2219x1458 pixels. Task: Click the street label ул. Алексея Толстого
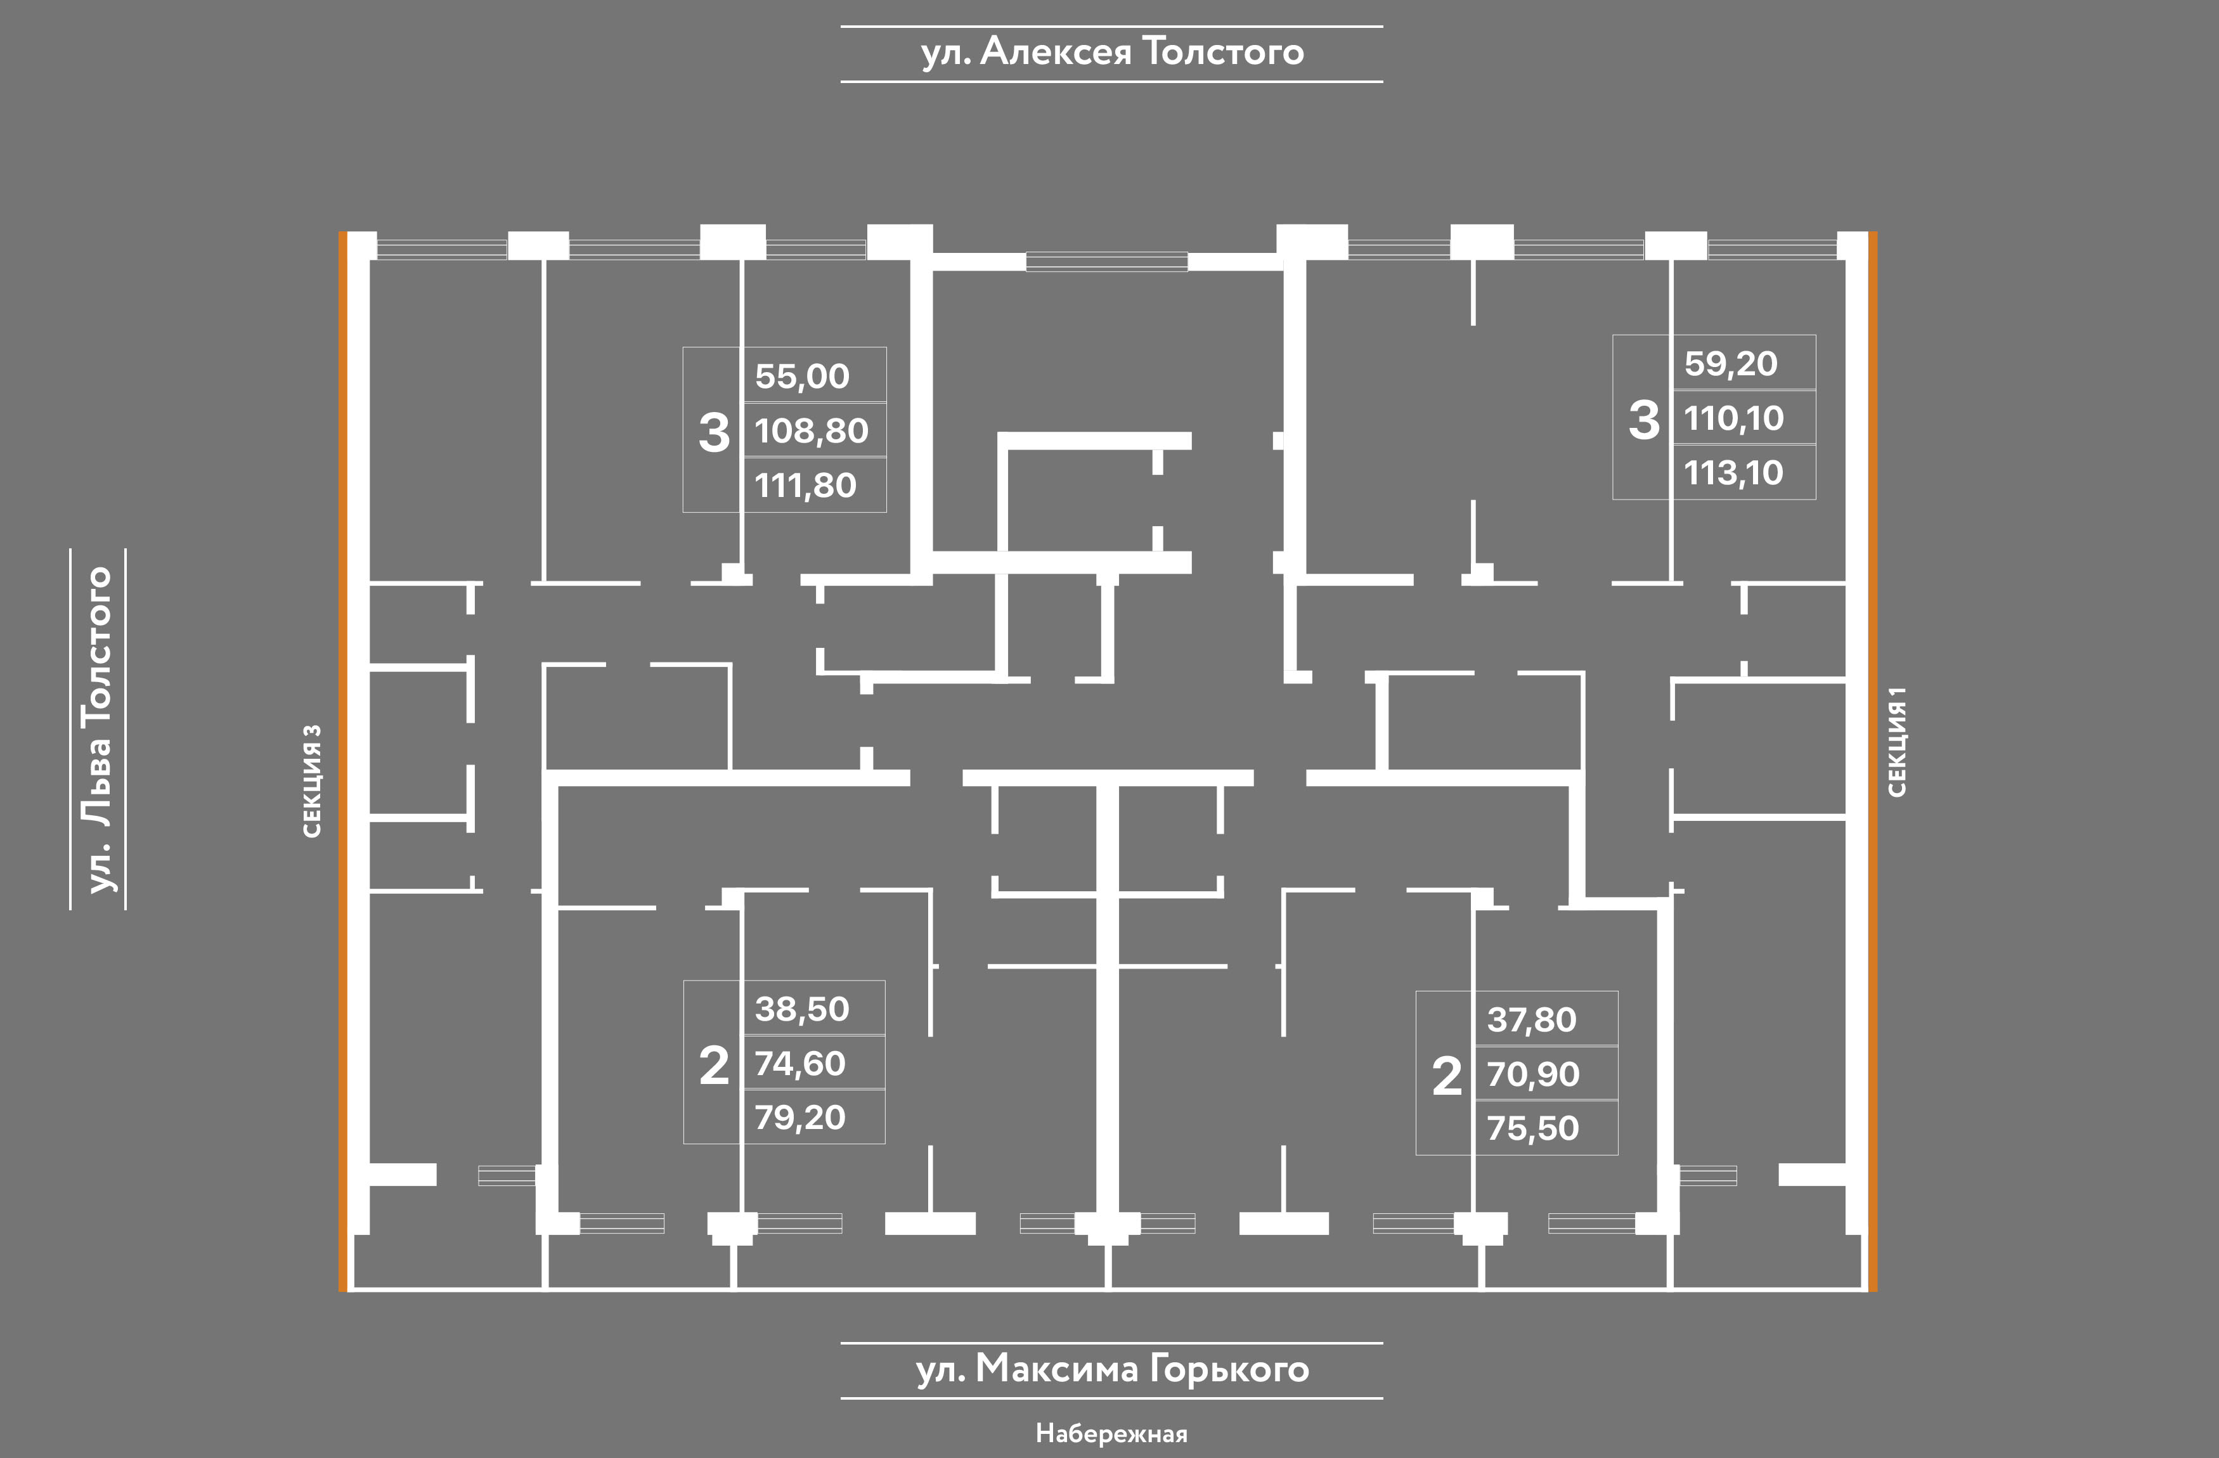click(1111, 52)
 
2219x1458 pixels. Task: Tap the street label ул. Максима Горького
click(1111, 1369)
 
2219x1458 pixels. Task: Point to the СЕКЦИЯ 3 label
click(313, 780)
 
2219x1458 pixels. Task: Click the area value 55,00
click(802, 377)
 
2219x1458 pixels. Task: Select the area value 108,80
click(811, 430)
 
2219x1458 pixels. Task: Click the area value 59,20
click(1730, 364)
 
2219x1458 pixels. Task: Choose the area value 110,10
click(1733, 418)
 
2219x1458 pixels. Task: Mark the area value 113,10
click(1733, 474)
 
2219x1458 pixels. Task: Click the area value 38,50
click(802, 1009)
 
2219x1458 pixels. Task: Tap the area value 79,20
click(800, 1118)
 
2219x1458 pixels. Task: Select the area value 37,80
click(1532, 1020)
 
